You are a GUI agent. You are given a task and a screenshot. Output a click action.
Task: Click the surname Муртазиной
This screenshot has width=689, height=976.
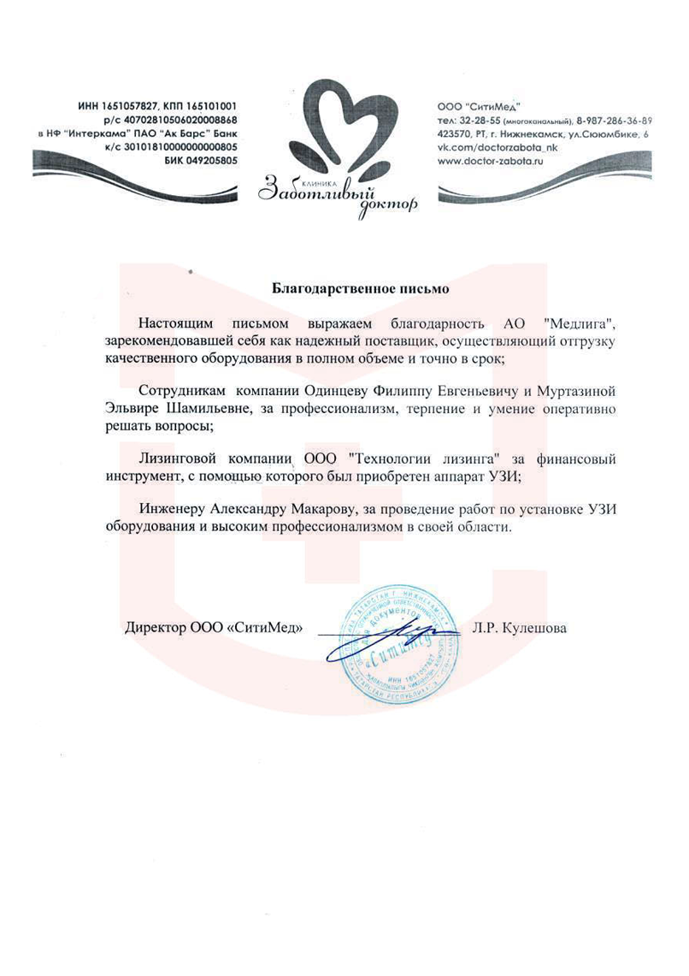click(574, 390)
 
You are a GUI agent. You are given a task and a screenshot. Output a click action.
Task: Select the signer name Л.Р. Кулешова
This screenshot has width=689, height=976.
click(519, 627)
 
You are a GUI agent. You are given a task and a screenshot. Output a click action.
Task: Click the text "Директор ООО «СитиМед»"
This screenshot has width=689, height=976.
click(215, 627)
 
